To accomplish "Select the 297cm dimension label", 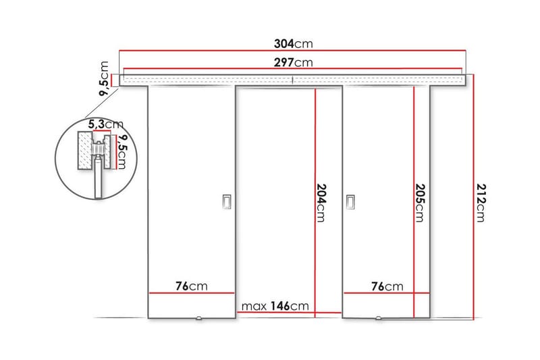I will pos(293,63).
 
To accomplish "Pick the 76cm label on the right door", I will pos(387,286).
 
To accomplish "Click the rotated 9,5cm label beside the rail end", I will pos(104,79).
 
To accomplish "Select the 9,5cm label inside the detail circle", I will pos(122,153).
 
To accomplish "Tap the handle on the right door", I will pos(350,202).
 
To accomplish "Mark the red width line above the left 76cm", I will pos(192,293).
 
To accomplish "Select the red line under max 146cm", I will pos(289,313).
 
